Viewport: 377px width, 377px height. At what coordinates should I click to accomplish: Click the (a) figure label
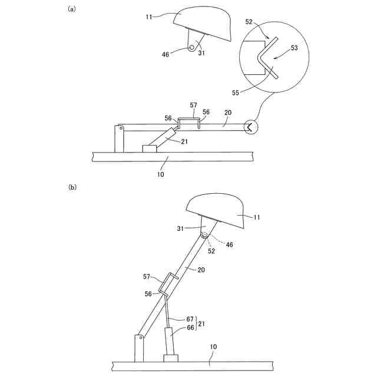point(72,9)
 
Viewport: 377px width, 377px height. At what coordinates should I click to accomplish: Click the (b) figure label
point(72,187)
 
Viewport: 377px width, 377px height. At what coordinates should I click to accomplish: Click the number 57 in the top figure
point(193,105)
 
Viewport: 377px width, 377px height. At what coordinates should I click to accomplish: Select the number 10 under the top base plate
point(161,174)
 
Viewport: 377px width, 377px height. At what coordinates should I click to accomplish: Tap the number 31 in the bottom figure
point(181,229)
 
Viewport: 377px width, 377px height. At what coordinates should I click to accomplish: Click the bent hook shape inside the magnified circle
point(264,58)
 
